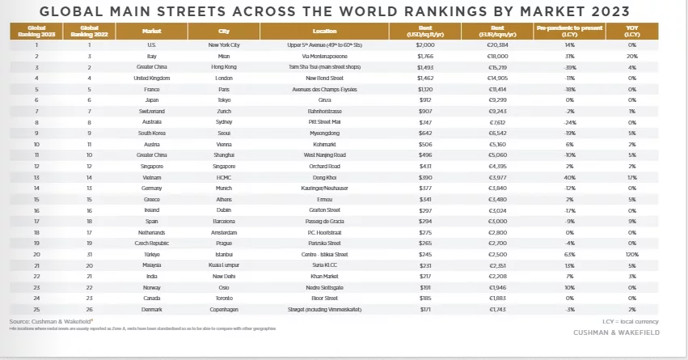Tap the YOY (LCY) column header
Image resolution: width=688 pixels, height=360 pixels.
631,30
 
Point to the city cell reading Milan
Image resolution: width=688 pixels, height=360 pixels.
224,57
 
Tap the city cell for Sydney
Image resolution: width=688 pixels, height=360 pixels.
224,121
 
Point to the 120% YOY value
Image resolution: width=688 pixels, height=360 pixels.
632,253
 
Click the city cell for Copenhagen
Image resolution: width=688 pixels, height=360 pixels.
224,308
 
